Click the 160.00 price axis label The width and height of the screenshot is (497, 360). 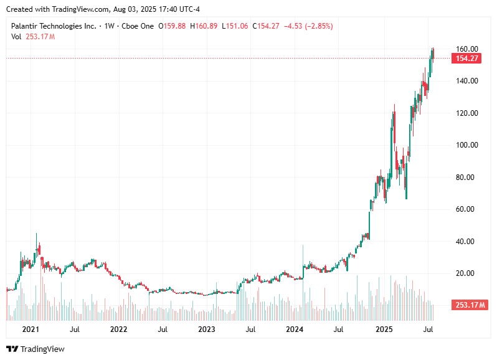pyautogui.click(x=466, y=49)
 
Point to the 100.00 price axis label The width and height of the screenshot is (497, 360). pyautogui.click(x=466, y=145)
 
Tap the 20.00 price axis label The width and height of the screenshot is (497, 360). pyautogui.click(x=466, y=273)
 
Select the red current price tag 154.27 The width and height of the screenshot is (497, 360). pyautogui.click(x=467, y=59)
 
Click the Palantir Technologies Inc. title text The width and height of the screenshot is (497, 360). pyautogui.click(x=54, y=26)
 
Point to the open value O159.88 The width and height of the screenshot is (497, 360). pyautogui.click(x=173, y=26)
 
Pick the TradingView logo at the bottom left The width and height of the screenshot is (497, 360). pyautogui.click(x=35, y=349)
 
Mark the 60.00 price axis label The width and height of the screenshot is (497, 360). pyautogui.click(x=466, y=209)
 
